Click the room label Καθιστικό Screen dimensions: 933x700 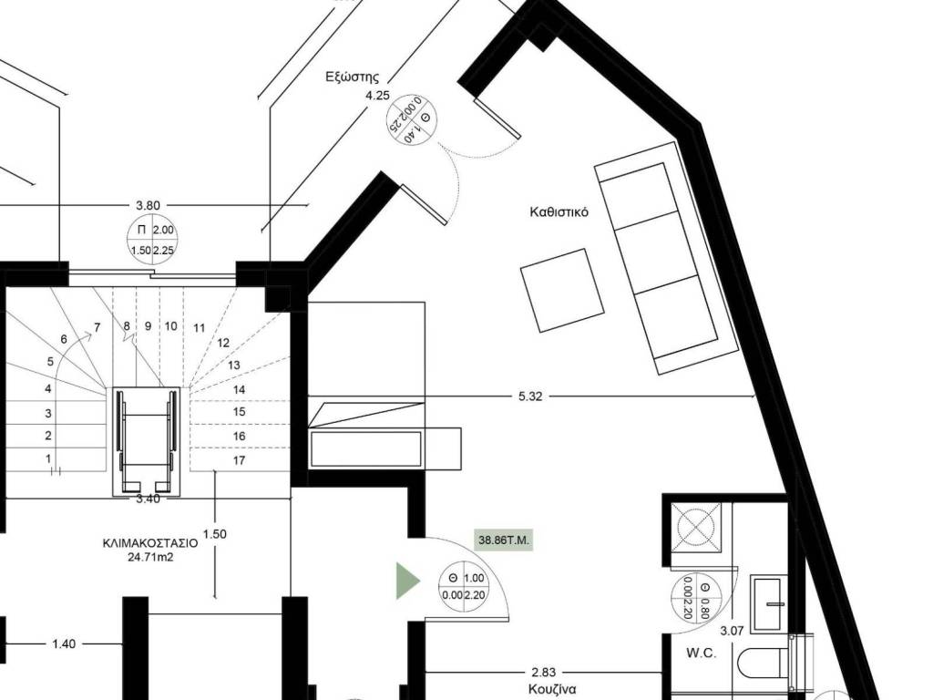coord(559,211)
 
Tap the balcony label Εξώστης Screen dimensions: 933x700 coord(353,77)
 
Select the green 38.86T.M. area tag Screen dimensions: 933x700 coord(503,541)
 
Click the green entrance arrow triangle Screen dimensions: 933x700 coord(408,581)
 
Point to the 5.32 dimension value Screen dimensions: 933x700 coord(530,396)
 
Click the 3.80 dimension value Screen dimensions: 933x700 coord(148,205)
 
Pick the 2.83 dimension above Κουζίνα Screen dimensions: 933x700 coord(544,673)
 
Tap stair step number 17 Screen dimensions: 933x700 coord(240,460)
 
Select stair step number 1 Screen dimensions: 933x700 coord(48,459)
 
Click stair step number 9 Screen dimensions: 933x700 coord(149,326)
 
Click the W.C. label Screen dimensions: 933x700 coord(701,653)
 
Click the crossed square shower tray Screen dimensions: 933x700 coord(696,527)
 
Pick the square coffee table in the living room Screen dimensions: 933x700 coord(563,290)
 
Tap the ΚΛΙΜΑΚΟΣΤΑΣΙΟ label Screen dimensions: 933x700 coord(150,543)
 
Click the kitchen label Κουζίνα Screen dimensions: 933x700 coord(551,689)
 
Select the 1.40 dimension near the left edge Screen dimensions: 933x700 coord(64,643)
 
